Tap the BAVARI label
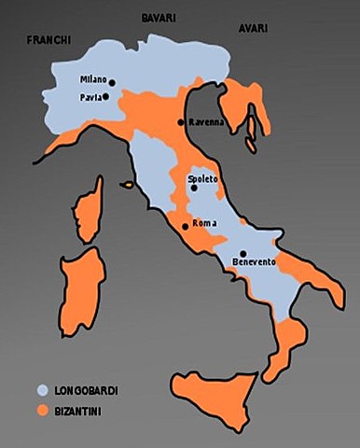click(x=159, y=18)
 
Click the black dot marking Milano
click(x=112, y=82)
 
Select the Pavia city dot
click(x=105, y=96)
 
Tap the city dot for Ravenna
click(x=181, y=122)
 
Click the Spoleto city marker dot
click(x=194, y=188)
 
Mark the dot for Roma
click(x=186, y=226)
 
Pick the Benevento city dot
click(x=242, y=253)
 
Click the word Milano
click(x=93, y=81)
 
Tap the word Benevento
click(x=254, y=263)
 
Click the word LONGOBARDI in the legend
click(x=85, y=389)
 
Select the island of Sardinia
click(x=82, y=289)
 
